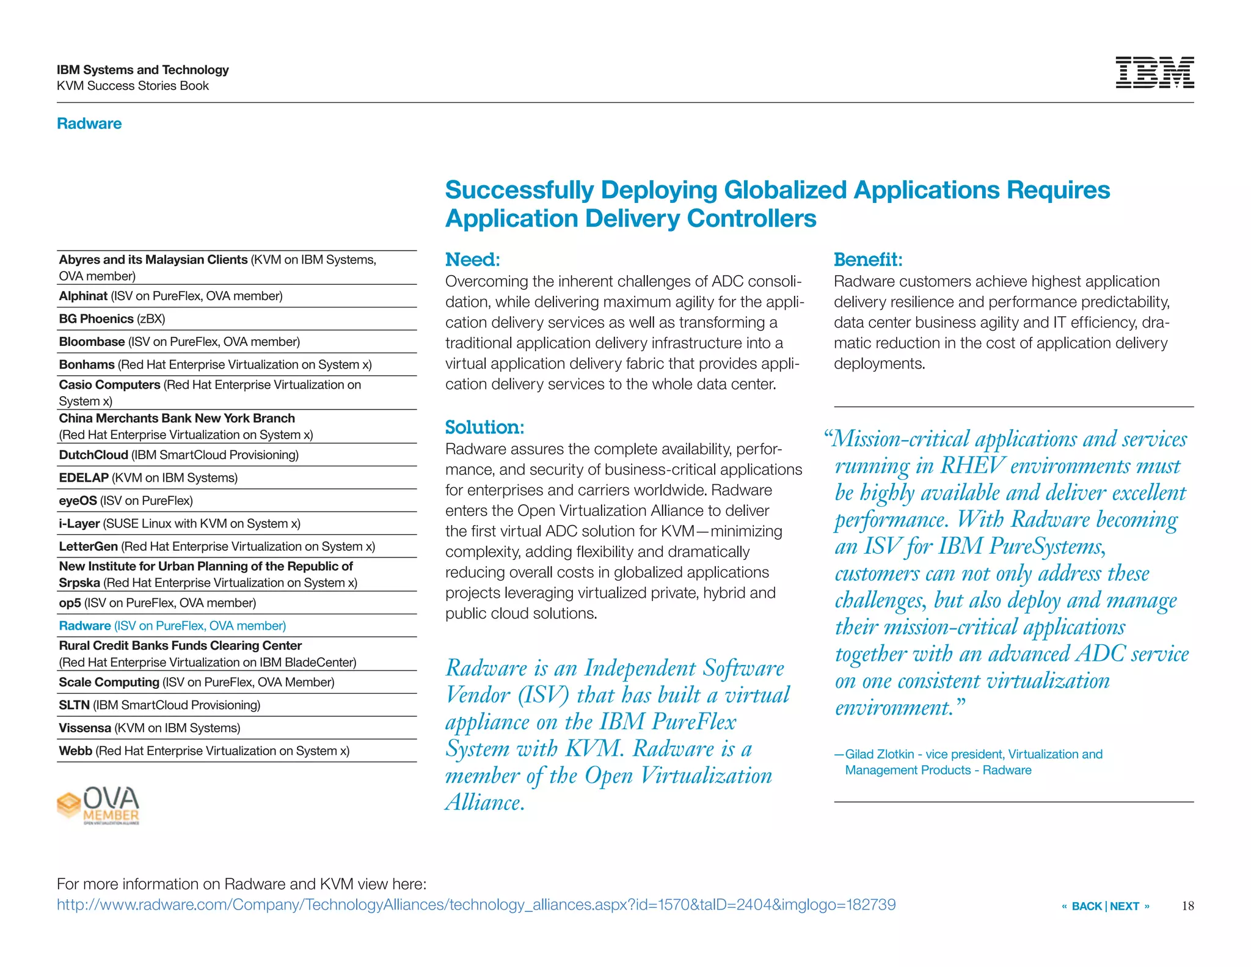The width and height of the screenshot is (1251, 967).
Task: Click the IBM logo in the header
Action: coord(1154,73)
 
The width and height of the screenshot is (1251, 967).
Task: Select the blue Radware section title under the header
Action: coord(89,123)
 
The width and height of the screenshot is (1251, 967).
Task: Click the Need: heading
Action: coord(472,260)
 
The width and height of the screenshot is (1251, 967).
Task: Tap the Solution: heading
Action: coord(484,427)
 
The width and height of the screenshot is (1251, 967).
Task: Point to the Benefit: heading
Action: coord(867,260)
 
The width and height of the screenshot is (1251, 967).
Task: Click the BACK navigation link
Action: coord(1086,906)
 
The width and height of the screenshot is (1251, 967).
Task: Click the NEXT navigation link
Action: coord(1125,906)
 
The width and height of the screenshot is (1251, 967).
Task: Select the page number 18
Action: coord(1187,906)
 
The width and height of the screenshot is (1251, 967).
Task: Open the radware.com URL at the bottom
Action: coord(476,905)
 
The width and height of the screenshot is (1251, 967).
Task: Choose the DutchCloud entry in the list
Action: coord(178,455)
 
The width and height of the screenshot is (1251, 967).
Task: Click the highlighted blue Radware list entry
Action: coord(172,626)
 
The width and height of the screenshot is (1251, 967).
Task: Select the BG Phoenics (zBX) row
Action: coord(112,319)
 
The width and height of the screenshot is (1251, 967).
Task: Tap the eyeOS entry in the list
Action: coord(126,501)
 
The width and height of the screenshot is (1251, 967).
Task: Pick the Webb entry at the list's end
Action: coord(204,751)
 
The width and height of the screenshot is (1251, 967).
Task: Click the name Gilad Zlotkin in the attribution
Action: coord(879,754)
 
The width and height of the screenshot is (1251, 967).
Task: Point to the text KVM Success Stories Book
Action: coord(133,86)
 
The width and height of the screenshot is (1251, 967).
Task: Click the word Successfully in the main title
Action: coord(519,190)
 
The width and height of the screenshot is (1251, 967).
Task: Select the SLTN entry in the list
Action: coord(159,705)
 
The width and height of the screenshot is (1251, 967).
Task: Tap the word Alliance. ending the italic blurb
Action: coord(485,802)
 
